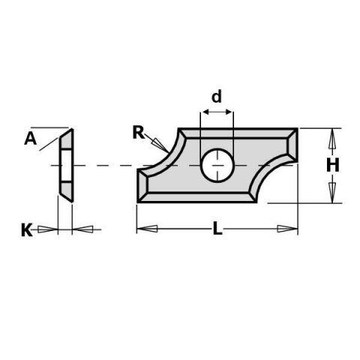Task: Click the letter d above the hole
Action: [x=217, y=97]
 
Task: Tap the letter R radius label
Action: [x=139, y=133]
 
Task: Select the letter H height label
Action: [x=333, y=165]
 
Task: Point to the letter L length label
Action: [x=217, y=229]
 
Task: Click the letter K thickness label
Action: [x=27, y=230]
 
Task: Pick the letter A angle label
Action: [x=30, y=138]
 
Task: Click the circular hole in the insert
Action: [x=217, y=165]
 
